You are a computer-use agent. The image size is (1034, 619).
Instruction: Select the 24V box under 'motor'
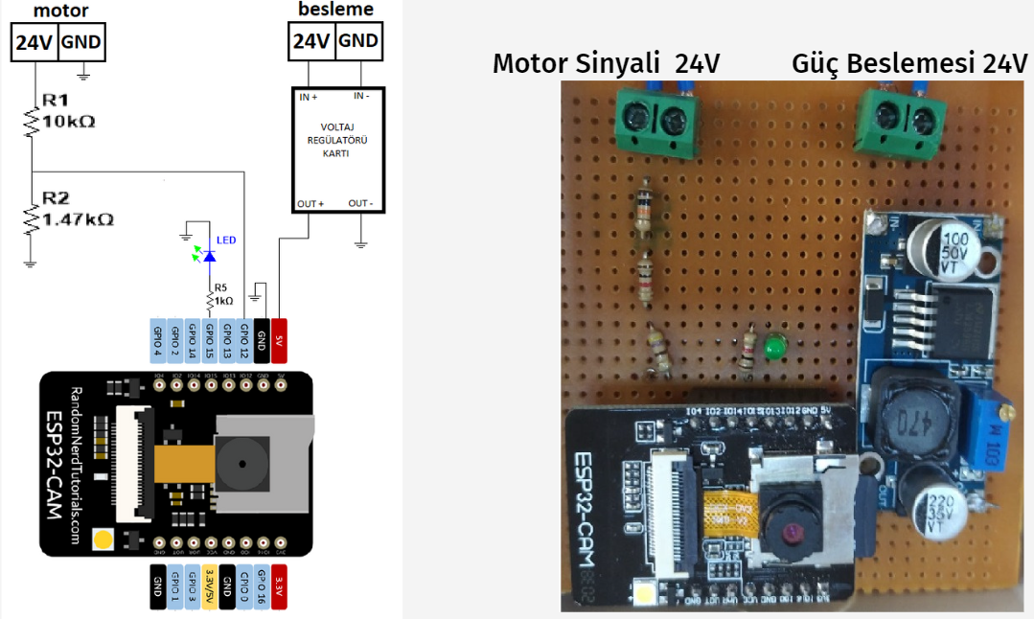pyautogui.click(x=34, y=43)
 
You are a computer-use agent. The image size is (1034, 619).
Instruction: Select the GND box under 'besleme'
pyautogui.click(x=358, y=41)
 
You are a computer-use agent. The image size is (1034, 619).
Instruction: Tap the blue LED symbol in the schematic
pyautogui.click(x=208, y=256)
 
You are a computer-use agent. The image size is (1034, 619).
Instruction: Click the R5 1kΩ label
pyautogui.click(x=222, y=293)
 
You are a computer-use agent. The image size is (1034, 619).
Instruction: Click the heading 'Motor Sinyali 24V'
pyautogui.click(x=606, y=64)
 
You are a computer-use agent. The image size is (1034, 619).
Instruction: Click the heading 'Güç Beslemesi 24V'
pyautogui.click(x=909, y=64)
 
